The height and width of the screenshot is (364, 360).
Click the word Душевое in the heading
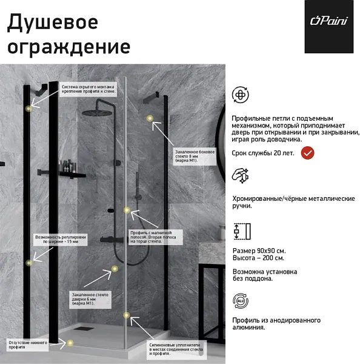[x=52, y=22]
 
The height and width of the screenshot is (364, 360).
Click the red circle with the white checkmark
[x=308, y=153]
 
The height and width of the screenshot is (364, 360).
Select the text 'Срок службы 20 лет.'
[x=263, y=153]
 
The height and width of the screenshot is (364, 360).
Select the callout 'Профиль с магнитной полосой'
[x=155, y=237]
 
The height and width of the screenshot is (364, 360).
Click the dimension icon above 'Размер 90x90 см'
[x=242, y=231]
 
